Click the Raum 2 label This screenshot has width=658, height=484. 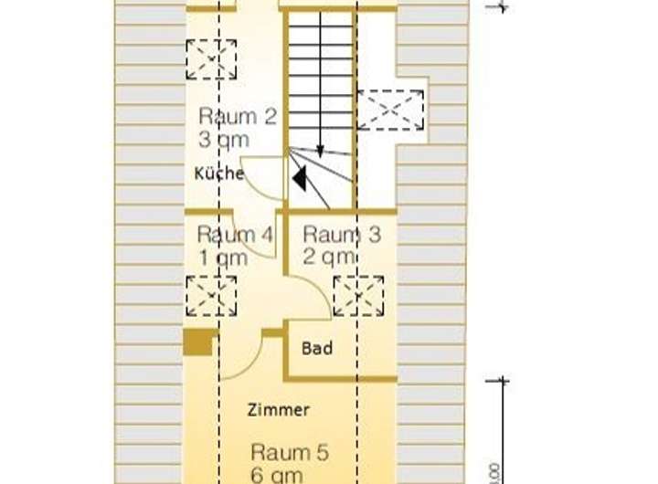click(x=237, y=117)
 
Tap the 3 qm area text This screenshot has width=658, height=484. click(x=223, y=140)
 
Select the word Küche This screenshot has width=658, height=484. click(x=218, y=173)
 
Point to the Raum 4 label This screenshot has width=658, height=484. click(x=235, y=234)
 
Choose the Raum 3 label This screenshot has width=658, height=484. click(x=342, y=234)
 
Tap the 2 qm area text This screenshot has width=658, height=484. click(x=330, y=257)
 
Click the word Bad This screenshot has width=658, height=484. click(x=317, y=349)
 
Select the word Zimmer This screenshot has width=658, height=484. click(x=279, y=410)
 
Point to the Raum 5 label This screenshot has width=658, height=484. click(x=290, y=452)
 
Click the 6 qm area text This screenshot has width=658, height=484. click(x=277, y=474)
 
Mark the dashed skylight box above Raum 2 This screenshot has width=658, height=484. click(x=211, y=59)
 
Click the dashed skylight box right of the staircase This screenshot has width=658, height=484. click(x=390, y=110)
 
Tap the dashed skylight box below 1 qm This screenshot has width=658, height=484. click(x=211, y=296)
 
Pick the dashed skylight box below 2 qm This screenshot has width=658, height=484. click(x=358, y=296)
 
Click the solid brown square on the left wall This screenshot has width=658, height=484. click(x=197, y=342)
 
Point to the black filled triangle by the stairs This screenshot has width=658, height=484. click(x=299, y=178)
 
